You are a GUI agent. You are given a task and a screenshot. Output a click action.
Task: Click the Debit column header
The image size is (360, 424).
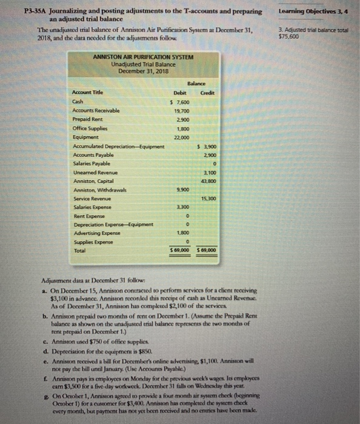click(x=179, y=92)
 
